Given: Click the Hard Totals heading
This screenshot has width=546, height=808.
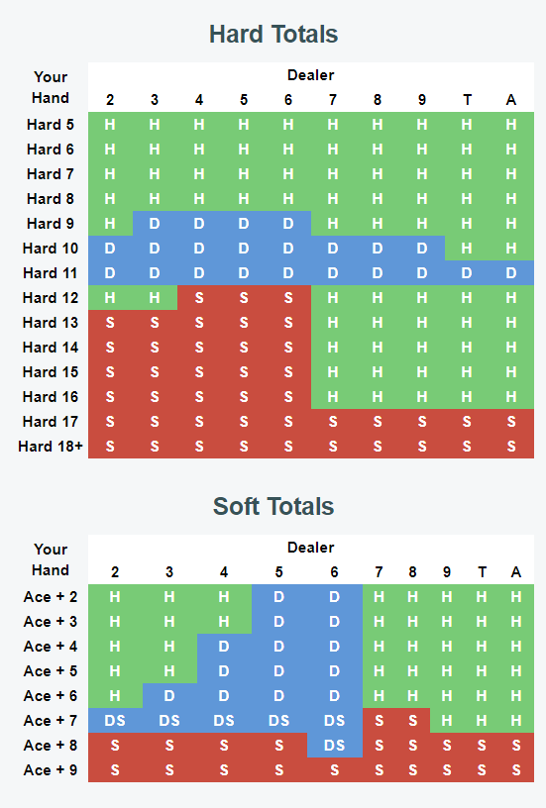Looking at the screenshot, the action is point(273,35).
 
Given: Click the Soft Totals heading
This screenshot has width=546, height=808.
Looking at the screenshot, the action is point(273,507).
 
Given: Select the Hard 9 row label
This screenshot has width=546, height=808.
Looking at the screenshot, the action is point(51,224).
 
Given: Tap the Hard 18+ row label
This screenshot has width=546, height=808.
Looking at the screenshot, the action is point(51,447).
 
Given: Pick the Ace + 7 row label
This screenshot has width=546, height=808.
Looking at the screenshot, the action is point(51,721).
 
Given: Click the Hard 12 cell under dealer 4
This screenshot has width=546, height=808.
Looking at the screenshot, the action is point(199,298).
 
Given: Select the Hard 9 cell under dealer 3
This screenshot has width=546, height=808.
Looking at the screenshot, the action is point(155,224).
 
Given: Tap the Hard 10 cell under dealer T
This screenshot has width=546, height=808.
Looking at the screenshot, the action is point(467,249).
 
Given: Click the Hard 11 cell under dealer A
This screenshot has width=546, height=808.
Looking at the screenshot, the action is point(511,273).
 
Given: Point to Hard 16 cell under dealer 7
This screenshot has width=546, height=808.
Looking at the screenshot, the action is point(333,397).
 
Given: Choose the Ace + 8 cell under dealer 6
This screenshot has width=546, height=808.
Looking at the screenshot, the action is point(335,746).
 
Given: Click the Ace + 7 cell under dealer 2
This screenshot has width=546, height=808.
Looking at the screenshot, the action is point(115,721).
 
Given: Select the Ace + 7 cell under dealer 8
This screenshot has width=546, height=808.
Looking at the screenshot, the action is point(412,721).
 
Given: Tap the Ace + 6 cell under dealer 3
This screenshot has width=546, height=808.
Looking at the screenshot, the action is point(169,696).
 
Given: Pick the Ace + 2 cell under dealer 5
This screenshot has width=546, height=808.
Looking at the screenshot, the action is point(278,597).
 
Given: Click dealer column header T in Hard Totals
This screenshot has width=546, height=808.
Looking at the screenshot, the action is point(467,99).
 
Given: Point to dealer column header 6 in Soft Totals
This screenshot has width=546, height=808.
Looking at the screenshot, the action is point(335,572).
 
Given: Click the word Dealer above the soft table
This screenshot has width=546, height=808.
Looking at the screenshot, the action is point(311,548).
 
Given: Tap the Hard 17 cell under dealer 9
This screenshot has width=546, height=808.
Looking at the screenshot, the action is point(422,422).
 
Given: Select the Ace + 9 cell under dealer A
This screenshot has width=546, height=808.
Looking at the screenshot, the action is point(516,769).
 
